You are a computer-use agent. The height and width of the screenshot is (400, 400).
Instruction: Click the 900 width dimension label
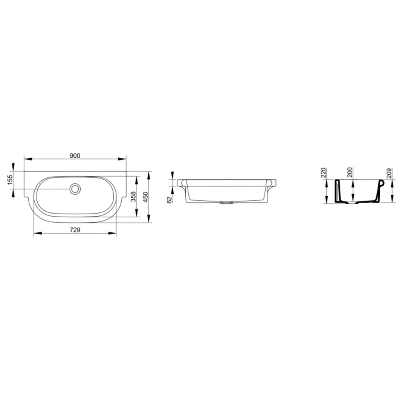75,156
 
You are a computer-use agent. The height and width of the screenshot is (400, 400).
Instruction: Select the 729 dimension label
75,230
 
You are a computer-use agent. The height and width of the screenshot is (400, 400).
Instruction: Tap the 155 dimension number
10,180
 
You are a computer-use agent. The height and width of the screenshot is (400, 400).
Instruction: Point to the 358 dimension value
134,197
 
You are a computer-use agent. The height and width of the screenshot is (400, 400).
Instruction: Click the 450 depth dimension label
145,197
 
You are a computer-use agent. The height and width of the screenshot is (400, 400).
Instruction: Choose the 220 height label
323,173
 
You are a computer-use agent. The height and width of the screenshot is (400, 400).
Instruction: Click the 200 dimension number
350,173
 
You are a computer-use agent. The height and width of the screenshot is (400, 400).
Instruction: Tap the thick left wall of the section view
337,191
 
